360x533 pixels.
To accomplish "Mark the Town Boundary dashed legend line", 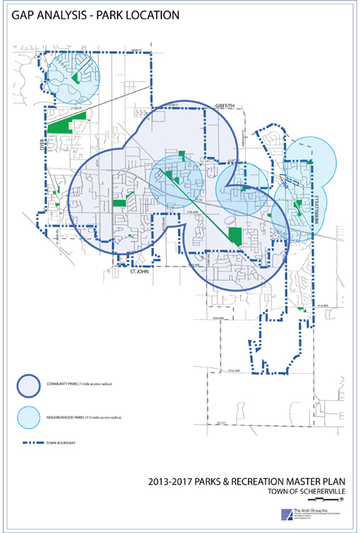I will (30, 444).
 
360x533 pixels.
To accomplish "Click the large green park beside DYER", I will (62, 125).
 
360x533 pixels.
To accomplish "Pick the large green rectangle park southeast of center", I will (234, 236).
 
